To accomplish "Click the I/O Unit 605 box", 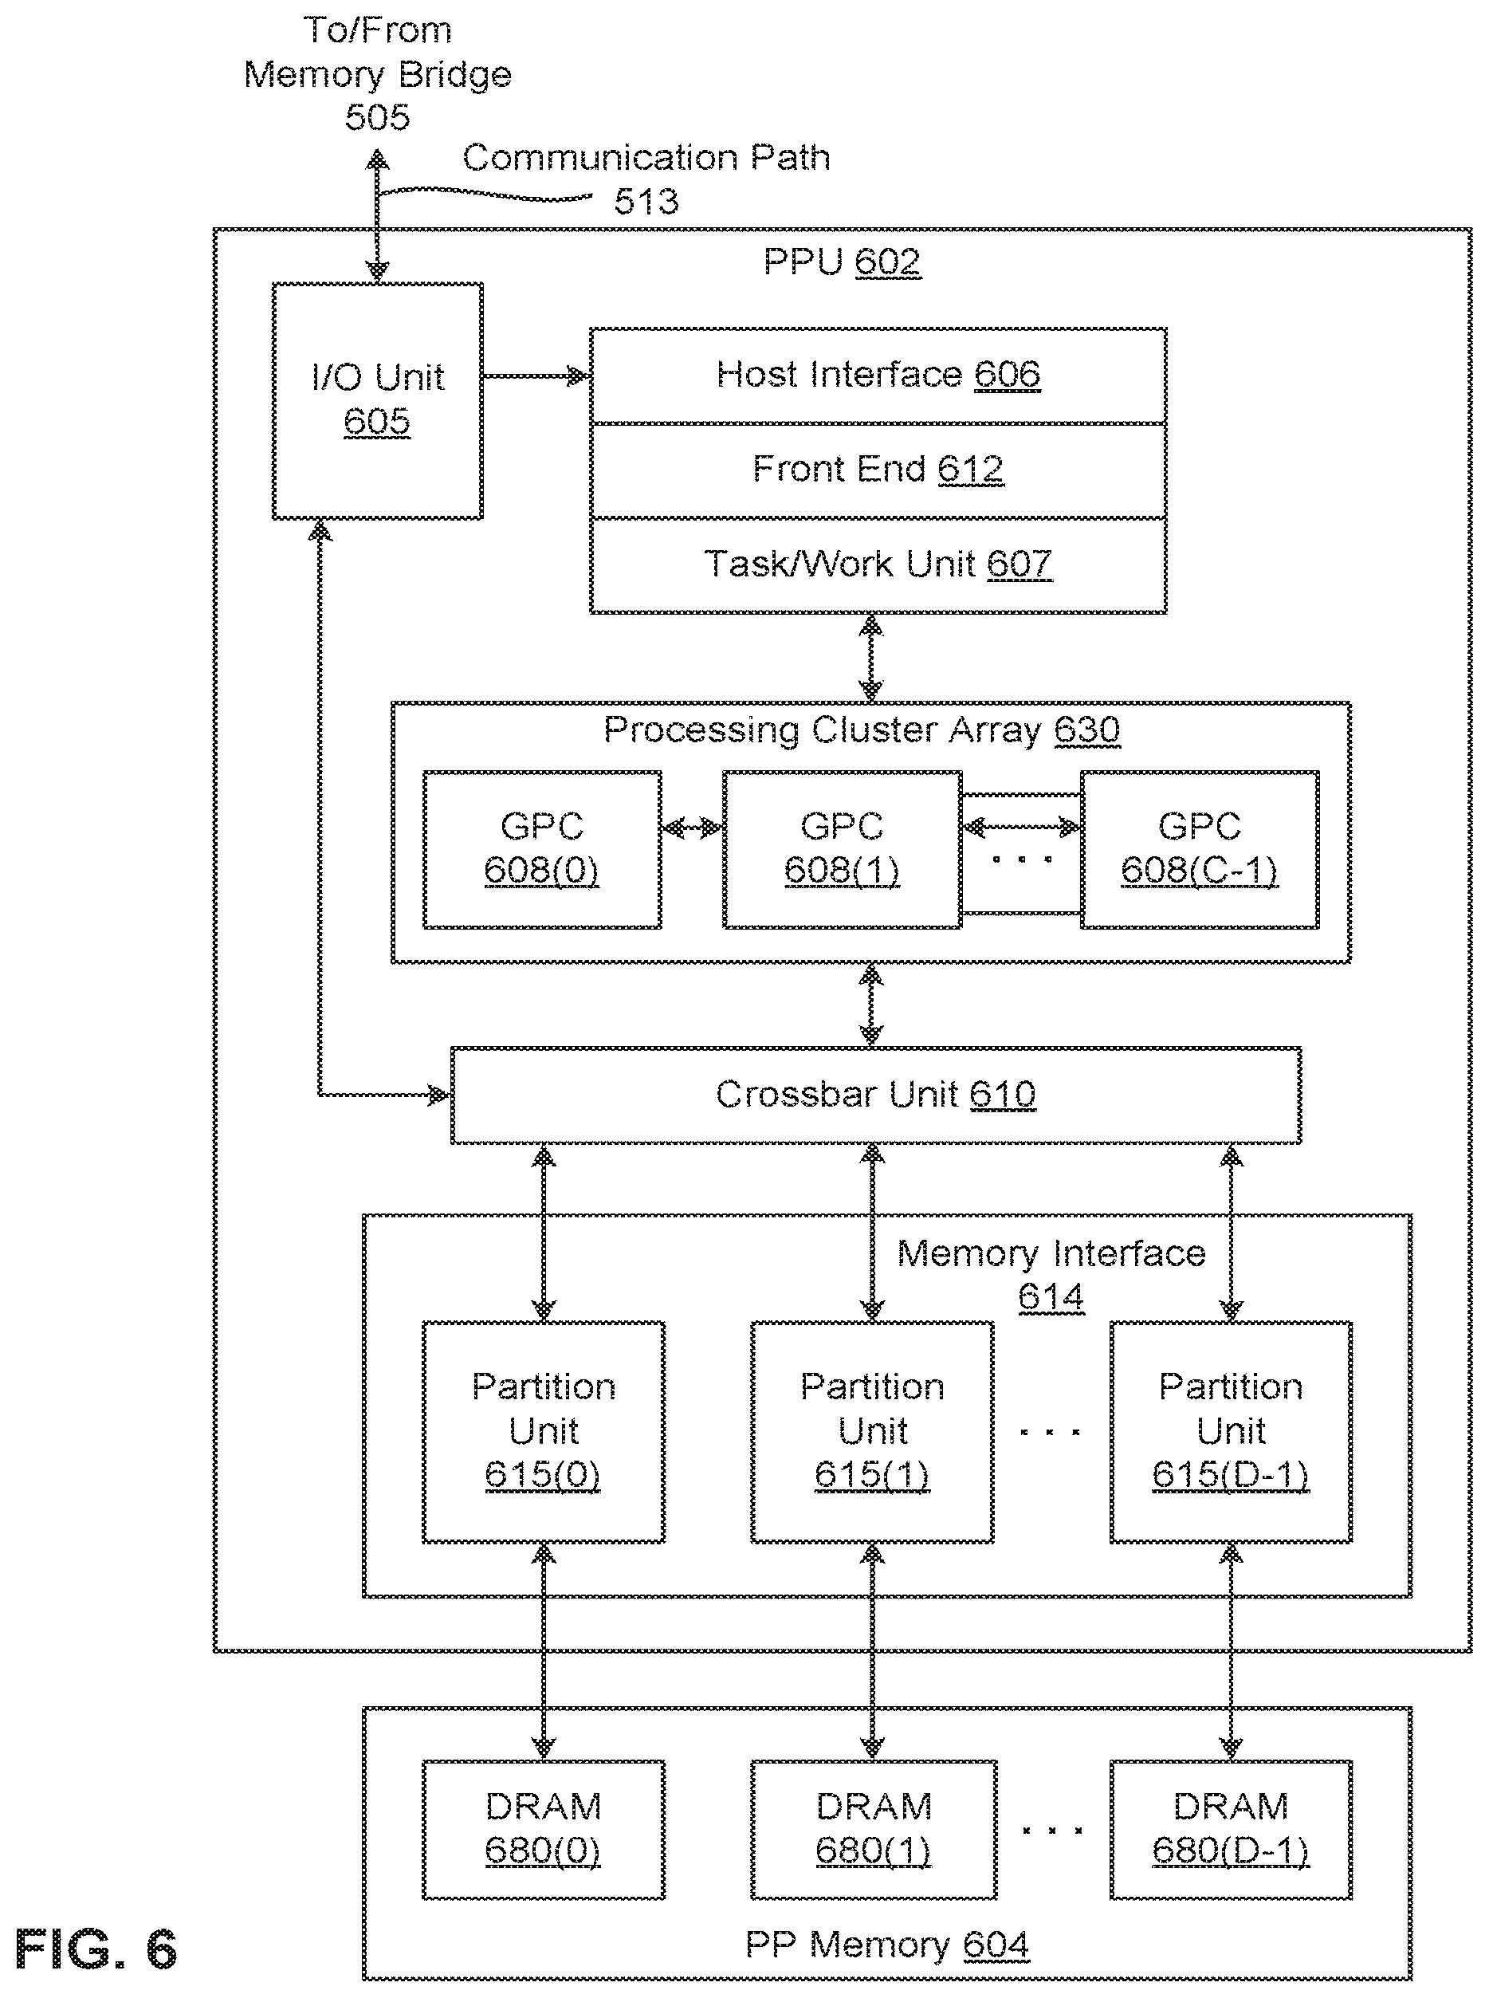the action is [x=378, y=401].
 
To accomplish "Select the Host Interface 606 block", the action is [x=878, y=375].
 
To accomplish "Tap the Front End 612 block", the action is [x=878, y=470].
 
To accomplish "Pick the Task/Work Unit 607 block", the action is [x=878, y=565].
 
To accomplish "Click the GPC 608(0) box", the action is [x=542, y=849].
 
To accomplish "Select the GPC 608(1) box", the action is [x=842, y=849].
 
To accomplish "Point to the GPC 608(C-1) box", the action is [x=1200, y=849].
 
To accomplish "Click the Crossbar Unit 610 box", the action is [x=875, y=1095].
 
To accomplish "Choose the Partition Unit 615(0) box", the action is [x=544, y=1432].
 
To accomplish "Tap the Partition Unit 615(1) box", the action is [x=873, y=1432].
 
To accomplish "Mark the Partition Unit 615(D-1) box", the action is [x=1232, y=1432].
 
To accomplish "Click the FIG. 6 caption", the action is [x=96, y=1950].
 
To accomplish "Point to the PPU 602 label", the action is [x=842, y=262].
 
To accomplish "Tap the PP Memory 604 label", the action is [x=887, y=1945].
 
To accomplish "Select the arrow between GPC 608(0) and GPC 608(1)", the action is [x=692, y=827].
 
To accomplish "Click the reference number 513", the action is [x=646, y=201].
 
